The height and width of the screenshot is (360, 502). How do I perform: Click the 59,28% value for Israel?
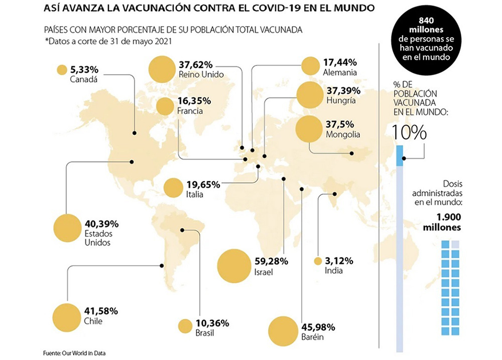(x=271, y=261)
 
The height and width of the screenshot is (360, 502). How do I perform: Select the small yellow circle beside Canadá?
(x=62, y=70)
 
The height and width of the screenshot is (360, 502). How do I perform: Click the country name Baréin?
(x=313, y=337)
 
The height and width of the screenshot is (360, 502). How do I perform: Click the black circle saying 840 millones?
(x=425, y=40)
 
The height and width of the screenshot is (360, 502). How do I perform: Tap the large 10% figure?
(x=410, y=133)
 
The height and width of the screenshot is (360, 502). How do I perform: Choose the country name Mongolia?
(x=343, y=135)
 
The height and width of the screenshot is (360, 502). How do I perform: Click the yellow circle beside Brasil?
(x=185, y=326)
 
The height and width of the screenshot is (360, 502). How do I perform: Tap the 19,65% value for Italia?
(x=203, y=184)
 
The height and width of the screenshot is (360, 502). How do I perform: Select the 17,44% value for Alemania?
(x=340, y=63)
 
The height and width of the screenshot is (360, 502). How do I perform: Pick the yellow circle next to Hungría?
(x=309, y=95)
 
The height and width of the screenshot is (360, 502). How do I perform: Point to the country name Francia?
(x=190, y=111)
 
